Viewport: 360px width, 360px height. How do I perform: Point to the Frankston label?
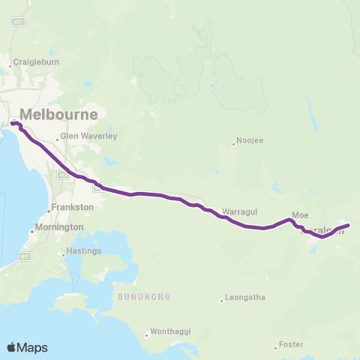click(x=73, y=206)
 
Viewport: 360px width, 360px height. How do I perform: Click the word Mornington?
click(x=61, y=226)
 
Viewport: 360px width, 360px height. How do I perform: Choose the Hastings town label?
click(x=83, y=251)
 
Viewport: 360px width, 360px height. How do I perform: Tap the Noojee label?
click(x=250, y=140)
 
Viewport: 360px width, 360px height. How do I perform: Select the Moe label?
click(x=300, y=214)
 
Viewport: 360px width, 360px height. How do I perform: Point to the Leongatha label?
click(x=245, y=298)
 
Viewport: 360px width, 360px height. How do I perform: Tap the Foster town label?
click(x=290, y=344)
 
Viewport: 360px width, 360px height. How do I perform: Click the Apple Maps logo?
click(x=27, y=347)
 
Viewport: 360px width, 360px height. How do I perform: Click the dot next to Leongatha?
click(x=222, y=301)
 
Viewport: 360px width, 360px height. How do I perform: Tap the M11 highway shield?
click(x=25, y=256)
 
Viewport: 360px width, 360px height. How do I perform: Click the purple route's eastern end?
click(x=349, y=224)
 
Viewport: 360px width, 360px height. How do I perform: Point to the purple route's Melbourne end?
click(x=12, y=123)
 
